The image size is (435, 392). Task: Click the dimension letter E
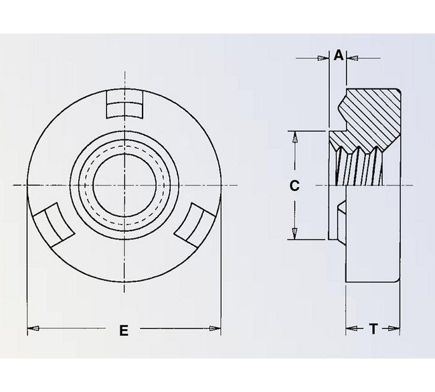(123, 329)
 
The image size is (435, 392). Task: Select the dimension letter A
(339, 56)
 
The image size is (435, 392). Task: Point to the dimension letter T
(373, 329)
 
